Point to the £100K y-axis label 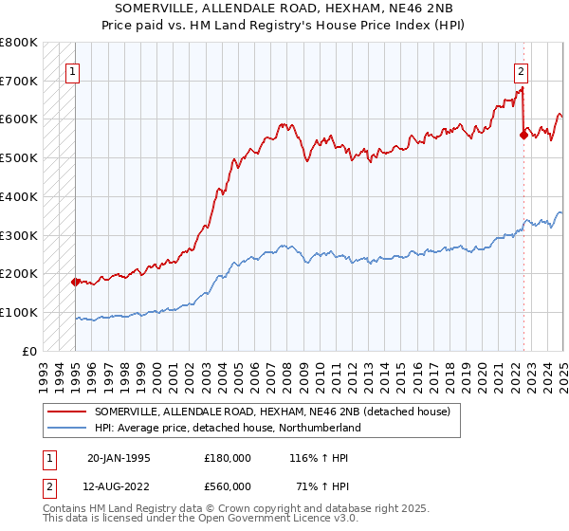tap(19, 312)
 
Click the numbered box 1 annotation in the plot tap(72, 69)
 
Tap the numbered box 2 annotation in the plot tap(521, 69)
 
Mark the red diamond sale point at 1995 tap(76, 282)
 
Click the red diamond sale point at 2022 tap(523, 135)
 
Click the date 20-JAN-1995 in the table tap(118, 457)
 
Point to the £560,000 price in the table tap(227, 485)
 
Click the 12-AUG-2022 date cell tap(119, 485)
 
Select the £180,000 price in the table tap(227, 457)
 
